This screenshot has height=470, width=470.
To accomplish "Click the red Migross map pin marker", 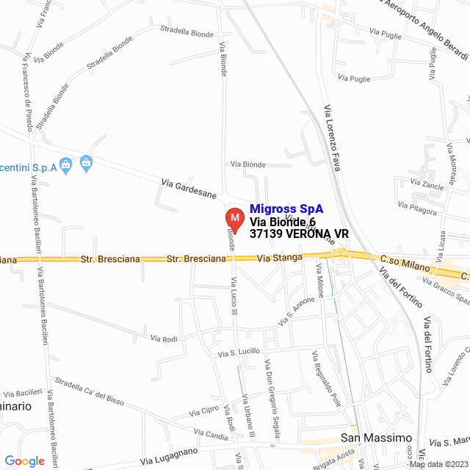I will tap(234, 219).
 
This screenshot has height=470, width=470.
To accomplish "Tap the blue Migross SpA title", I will tap(286, 209).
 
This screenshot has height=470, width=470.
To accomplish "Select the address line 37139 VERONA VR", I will tap(299, 234).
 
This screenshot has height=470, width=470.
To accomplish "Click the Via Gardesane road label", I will tap(189, 189).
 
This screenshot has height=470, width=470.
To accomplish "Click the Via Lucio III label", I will tap(235, 302).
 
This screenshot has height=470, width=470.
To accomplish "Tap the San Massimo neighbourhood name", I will tap(377, 438).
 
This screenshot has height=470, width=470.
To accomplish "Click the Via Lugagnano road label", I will tap(169, 455).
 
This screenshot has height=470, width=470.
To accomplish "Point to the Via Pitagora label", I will tap(416, 209).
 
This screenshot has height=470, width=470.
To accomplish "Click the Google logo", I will tap(24, 461).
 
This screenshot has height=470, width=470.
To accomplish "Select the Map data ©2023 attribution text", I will tap(438, 464).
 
